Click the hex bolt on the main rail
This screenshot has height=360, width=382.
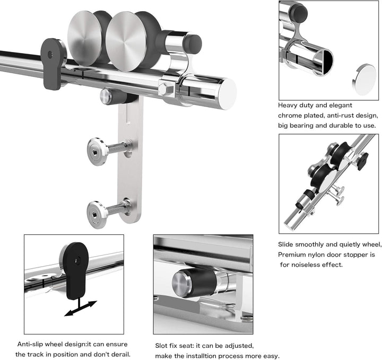(167, 89)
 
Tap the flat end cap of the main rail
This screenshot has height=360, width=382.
(228, 94)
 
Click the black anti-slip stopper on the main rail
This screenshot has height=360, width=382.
(52, 64)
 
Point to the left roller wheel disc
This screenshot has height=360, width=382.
(84, 38)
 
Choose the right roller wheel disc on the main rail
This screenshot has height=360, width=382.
(126, 41)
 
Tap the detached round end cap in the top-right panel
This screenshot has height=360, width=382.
(364, 80)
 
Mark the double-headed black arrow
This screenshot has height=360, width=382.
(81, 309)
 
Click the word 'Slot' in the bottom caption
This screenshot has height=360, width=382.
(161, 346)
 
